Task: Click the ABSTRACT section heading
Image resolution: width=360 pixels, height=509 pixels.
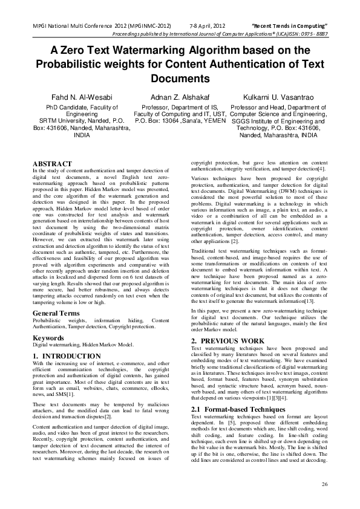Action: tap(52, 164)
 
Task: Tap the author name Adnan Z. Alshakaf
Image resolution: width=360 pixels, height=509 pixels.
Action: tap(180, 97)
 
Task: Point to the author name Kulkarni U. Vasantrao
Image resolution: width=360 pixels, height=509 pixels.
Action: tap(278, 97)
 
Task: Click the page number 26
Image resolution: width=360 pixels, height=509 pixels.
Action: tap(324, 484)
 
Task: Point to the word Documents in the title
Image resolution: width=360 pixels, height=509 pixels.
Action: tap(180, 79)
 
